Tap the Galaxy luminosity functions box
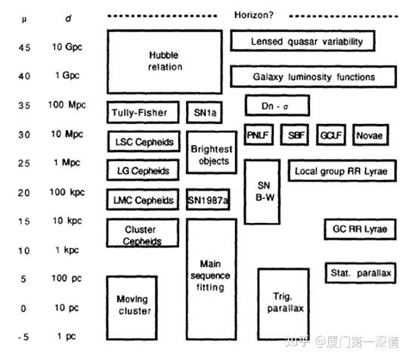click(313, 76)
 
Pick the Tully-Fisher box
click(143, 113)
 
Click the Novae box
click(368, 135)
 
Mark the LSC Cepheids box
click(143, 142)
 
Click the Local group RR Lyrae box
click(340, 171)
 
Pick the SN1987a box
click(208, 200)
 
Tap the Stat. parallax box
click(360, 272)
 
